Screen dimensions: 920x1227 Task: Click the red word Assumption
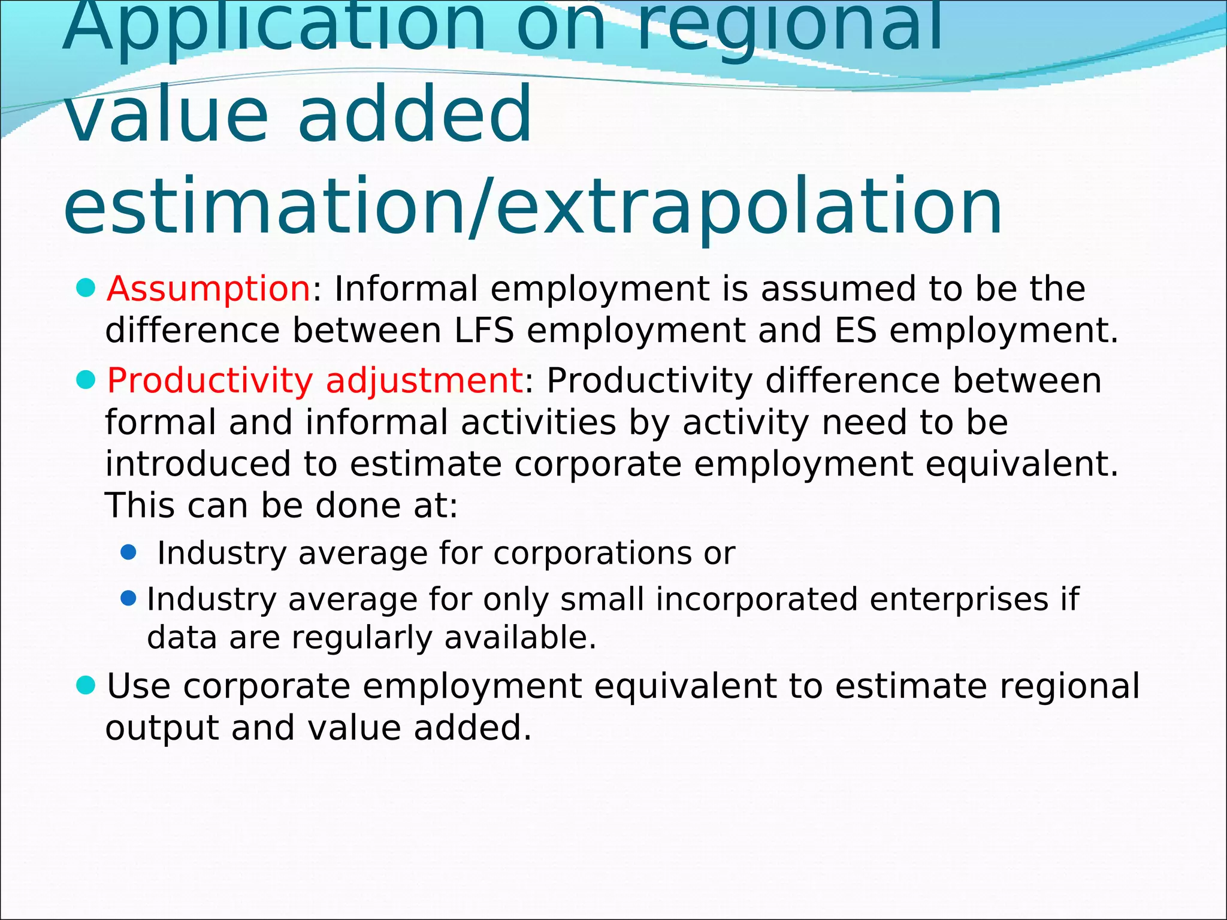(208, 289)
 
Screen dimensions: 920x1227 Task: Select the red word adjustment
(424, 381)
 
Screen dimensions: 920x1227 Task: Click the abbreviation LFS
(484, 331)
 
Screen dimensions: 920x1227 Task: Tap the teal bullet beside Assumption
(86, 288)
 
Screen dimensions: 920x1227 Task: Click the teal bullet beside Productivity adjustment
(86, 380)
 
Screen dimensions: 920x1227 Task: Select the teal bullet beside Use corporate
(86, 685)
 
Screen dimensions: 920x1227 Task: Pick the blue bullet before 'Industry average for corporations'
(128, 552)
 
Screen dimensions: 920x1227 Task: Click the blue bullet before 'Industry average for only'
(128, 598)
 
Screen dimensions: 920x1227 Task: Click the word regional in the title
(790, 27)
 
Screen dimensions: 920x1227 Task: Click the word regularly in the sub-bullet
(361, 637)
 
